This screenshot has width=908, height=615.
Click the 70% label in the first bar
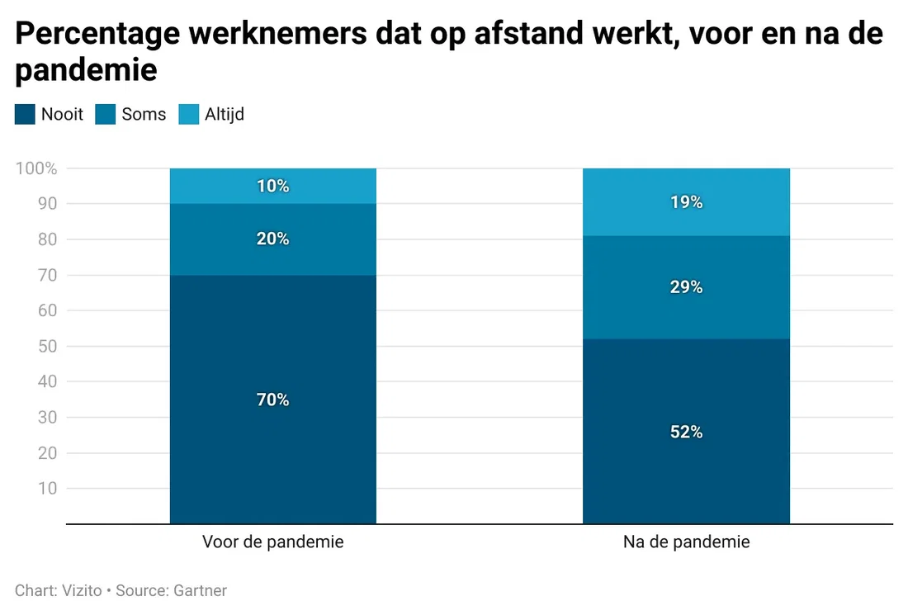(272, 400)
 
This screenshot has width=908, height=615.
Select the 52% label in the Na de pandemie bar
(686, 432)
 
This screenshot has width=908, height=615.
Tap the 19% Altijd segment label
(686, 201)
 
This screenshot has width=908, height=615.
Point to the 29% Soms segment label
(686, 287)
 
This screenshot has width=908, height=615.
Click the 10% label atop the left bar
(272, 186)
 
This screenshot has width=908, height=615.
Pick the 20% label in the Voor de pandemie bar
(272, 239)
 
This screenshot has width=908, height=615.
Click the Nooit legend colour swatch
(25, 114)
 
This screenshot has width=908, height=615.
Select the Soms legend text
(144, 114)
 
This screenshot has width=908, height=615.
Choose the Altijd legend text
(225, 114)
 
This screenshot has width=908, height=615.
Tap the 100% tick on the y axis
(36, 168)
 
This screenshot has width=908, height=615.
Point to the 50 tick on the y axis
(48, 347)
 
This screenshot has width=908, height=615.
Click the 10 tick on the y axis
(48, 489)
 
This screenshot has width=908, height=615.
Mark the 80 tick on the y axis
(48, 239)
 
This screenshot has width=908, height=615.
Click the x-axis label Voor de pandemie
(272, 542)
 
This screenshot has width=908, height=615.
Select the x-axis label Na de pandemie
(686, 542)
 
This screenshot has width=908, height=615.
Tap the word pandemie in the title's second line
(86, 70)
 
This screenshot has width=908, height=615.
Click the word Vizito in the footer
(82, 590)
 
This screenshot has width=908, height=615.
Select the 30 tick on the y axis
(48, 418)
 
